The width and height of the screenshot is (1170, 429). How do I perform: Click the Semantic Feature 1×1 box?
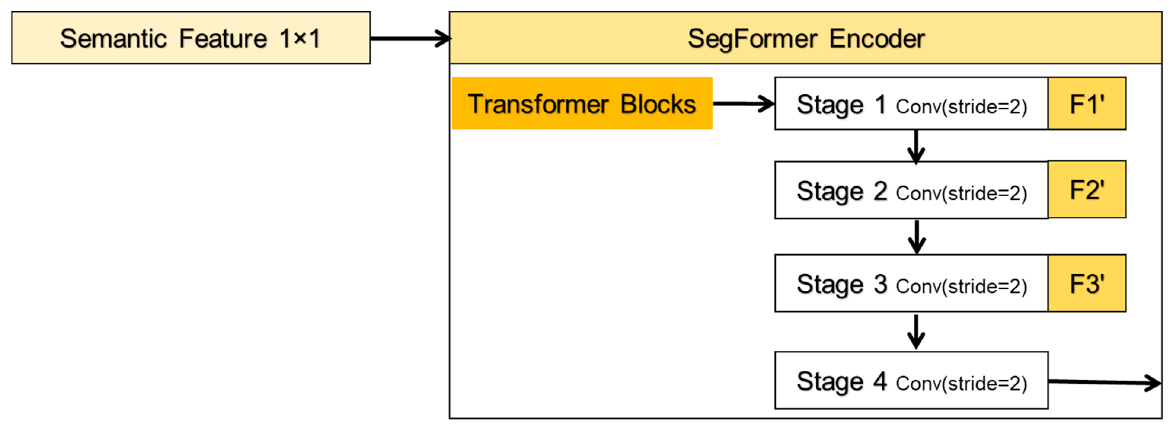pyautogui.click(x=191, y=38)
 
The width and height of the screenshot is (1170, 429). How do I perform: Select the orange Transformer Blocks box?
pyautogui.click(x=582, y=104)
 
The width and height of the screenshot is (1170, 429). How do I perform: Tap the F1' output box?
pyautogui.click(x=1087, y=104)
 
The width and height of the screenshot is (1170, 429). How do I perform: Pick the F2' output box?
pyautogui.click(x=1087, y=189)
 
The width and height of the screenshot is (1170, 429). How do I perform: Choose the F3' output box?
pyautogui.click(x=1087, y=283)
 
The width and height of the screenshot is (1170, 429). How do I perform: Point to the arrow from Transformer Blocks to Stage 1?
pyautogui.click(x=743, y=104)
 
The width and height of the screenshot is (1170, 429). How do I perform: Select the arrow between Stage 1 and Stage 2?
pyautogui.click(x=916, y=146)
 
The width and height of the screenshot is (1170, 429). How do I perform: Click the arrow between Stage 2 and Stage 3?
pyautogui.click(x=917, y=237)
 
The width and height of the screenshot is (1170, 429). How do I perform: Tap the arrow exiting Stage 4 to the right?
pyautogui.click(x=1104, y=382)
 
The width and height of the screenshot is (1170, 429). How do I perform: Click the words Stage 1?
pyautogui.click(x=841, y=104)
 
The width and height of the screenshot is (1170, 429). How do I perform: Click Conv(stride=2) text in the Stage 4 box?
pyautogui.click(x=961, y=384)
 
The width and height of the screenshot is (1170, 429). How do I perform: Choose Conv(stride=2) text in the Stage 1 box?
pyautogui.click(x=961, y=107)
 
